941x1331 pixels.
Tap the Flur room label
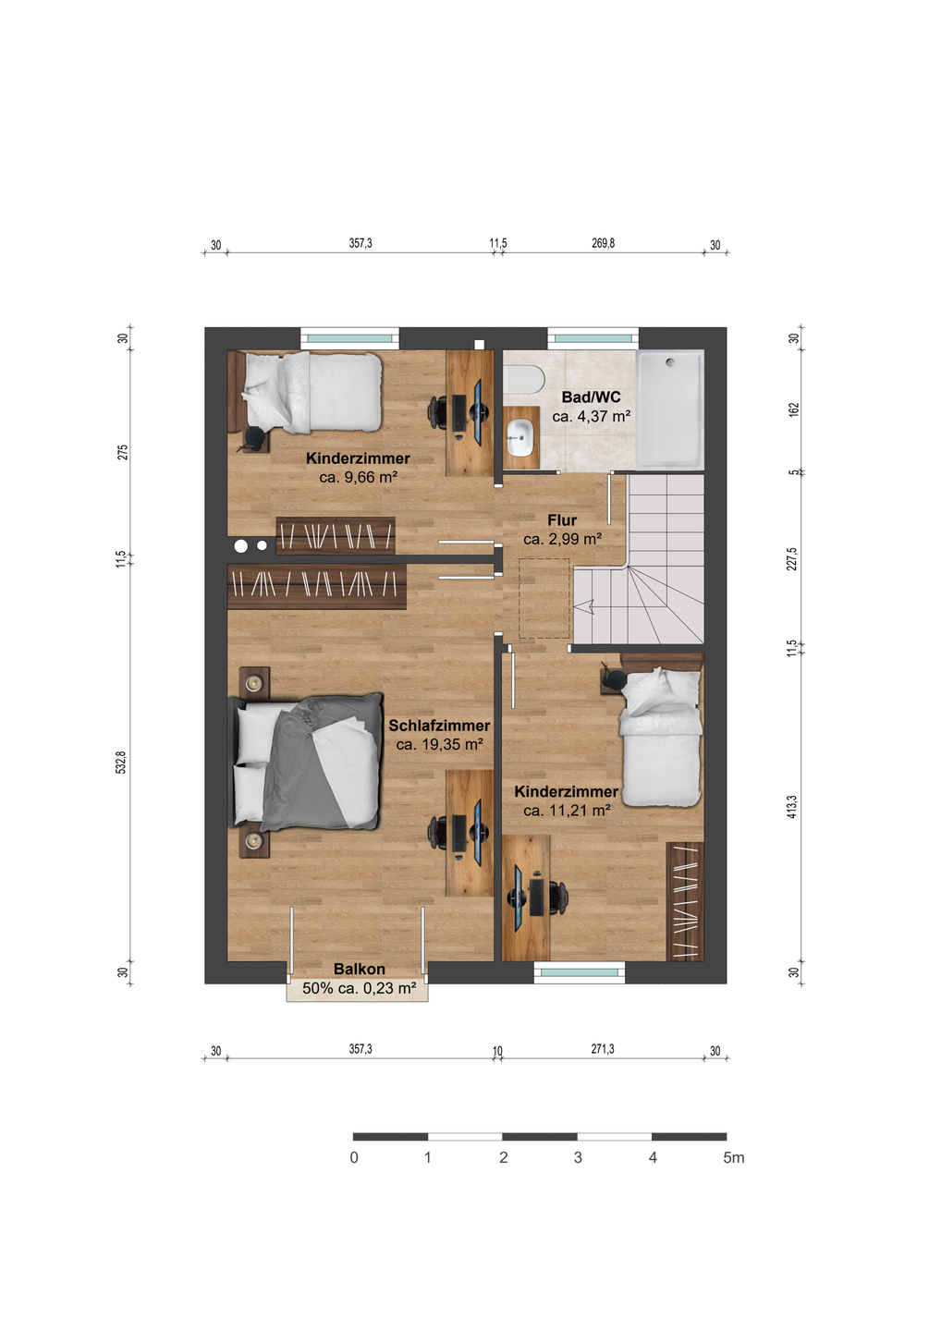(x=562, y=519)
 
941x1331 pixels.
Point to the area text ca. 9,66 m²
(x=359, y=477)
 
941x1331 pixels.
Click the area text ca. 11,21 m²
(x=567, y=810)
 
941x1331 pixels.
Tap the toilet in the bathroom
(x=523, y=379)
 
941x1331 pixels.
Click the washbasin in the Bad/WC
(x=522, y=438)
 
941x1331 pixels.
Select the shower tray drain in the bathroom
(x=670, y=360)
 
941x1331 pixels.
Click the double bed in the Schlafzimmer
(x=306, y=763)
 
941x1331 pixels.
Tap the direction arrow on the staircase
(x=586, y=606)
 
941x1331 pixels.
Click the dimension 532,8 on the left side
(x=122, y=763)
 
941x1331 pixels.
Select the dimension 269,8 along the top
(x=603, y=243)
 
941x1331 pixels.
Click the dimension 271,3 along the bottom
(x=603, y=1049)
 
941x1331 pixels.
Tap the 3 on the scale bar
(x=578, y=1157)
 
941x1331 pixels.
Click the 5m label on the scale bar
(x=733, y=1157)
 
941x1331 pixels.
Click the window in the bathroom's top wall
(x=593, y=338)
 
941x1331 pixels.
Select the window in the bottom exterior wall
(x=580, y=972)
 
